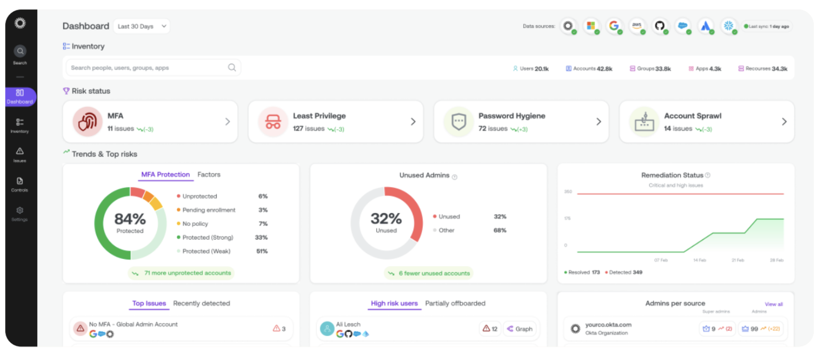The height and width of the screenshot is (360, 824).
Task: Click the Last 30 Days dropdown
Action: point(141,27)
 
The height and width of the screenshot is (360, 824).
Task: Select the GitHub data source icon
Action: point(660,25)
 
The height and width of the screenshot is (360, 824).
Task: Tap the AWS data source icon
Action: point(637,25)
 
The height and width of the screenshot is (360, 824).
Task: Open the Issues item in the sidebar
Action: point(20,155)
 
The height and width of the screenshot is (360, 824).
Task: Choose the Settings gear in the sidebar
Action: point(20,213)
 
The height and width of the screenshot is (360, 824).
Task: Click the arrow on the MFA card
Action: point(227,121)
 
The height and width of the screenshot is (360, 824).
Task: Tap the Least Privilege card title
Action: point(319,116)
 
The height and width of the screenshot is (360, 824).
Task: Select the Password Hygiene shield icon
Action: point(459,121)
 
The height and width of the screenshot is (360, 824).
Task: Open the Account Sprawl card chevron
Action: point(784,121)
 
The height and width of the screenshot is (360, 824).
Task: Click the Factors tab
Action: point(209,174)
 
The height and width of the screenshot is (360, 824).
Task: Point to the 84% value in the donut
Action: point(130,219)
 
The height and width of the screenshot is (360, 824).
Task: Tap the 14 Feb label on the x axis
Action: point(700,260)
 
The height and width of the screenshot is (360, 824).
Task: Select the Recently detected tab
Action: point(201,303)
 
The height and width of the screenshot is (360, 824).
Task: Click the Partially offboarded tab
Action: point(455,303)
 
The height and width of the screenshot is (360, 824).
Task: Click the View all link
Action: point(774,304)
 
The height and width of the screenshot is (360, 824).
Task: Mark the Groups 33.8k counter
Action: point(651,69)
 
